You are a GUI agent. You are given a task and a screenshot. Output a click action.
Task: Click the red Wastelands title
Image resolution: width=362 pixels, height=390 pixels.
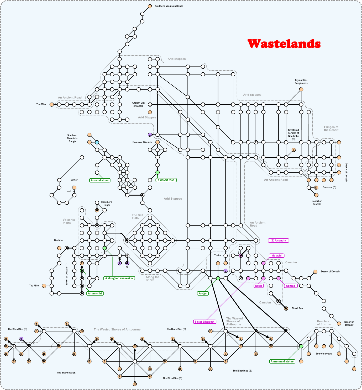click(284, 44)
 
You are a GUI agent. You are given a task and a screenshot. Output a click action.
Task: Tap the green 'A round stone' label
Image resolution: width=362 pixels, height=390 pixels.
click(99, 180)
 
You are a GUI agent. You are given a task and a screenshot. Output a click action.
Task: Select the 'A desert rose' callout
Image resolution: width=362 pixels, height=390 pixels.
click(166, 180)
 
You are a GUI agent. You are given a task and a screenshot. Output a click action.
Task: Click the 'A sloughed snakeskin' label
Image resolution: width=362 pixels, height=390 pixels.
click(119, 278)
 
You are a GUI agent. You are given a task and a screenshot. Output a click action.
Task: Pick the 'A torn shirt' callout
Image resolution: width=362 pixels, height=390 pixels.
click(95, 293)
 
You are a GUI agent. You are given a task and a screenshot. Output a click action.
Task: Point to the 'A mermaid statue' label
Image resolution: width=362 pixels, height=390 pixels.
click(282, 361)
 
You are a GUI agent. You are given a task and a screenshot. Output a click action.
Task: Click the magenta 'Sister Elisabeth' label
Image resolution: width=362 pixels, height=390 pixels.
click(204, 322)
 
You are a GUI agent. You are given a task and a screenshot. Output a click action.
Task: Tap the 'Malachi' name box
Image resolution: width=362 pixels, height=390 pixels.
click(276, 256)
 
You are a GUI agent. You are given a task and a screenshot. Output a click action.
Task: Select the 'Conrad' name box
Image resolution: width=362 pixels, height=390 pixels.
click(291, 286)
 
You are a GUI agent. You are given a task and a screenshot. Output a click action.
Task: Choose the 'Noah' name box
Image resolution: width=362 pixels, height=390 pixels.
click(259, 286)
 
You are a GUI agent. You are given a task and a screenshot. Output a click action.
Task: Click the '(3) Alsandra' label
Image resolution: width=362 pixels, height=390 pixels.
click(278, 241)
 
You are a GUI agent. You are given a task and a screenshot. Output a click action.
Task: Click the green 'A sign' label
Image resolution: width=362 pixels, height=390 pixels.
click(203, 293)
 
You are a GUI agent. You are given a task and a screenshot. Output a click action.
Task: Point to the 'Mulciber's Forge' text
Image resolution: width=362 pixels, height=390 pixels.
click(107, 203)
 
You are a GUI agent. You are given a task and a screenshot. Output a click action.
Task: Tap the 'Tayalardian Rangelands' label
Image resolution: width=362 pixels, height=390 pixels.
click(301, 82)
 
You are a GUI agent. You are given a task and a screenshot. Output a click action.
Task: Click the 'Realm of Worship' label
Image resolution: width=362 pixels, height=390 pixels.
click(142, 142)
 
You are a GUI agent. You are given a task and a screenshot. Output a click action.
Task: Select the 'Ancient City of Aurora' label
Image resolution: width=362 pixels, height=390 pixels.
click(138, 104)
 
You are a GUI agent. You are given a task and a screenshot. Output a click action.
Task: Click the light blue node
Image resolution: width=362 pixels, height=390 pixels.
click(97, 142)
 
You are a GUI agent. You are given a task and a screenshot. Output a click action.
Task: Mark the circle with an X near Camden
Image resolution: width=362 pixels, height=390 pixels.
click(241, 278)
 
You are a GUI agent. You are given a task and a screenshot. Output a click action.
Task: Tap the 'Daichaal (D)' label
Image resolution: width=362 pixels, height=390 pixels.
click(329, 188)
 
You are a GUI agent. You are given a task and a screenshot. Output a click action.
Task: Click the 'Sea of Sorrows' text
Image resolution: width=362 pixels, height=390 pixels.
click(324, 354)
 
